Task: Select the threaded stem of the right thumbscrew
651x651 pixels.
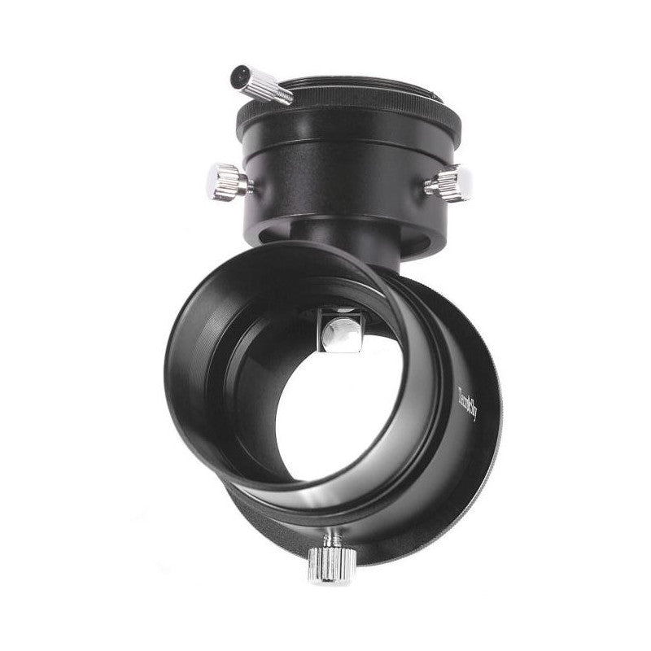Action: [428, 187]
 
